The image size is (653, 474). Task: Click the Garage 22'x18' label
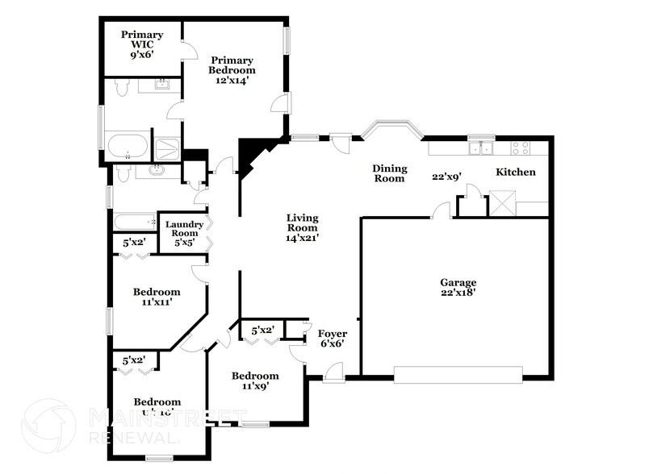coord(458,288)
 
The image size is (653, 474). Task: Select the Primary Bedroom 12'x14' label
coord(232,70)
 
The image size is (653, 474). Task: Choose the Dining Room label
coord(389,173)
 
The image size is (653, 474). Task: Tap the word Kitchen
coord(515,173)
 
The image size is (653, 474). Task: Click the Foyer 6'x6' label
coord(332,339)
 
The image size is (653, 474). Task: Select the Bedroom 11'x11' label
coord(157,297)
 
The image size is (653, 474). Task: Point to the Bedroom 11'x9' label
coord(255,380)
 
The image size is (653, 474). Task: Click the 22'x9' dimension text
coord(446,177)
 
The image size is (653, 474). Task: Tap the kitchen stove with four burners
coord(521,148)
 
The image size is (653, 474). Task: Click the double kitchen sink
coord(482,148)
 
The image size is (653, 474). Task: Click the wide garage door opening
coord(458,372)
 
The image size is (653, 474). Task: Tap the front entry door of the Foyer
coord(333,373)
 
